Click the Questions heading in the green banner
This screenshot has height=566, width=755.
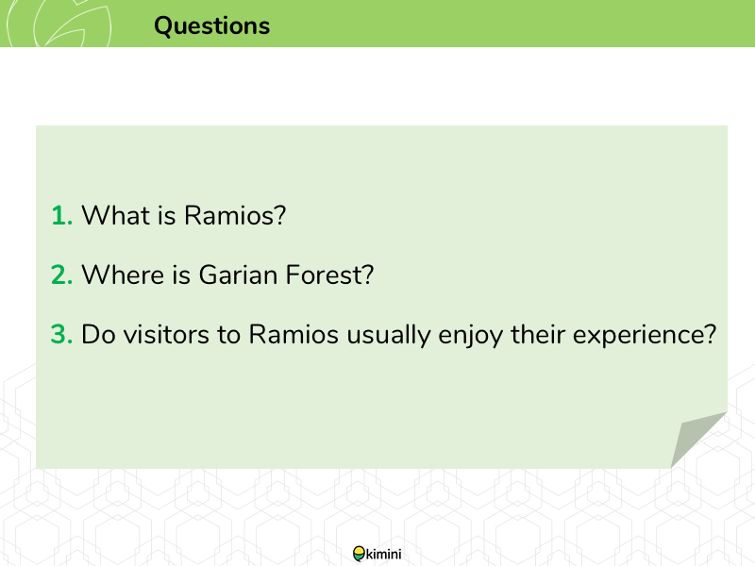pos(211,26)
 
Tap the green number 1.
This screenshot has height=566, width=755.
pos(61,215)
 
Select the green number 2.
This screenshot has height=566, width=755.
pos(61,275)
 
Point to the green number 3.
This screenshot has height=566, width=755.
pos(61,335)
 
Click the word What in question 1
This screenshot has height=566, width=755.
pos(115,215)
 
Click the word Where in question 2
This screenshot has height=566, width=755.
pos(123,275)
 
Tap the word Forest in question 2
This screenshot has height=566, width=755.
pos(329,275)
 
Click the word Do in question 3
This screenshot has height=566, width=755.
pos(98,334)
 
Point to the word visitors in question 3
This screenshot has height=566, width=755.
pos(166,334)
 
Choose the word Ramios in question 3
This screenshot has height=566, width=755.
pos(294,334)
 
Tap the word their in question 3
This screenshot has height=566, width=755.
pos(538,334)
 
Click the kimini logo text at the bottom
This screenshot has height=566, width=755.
pos(384,554)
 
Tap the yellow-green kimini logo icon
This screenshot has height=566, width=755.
pos(360,554)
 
